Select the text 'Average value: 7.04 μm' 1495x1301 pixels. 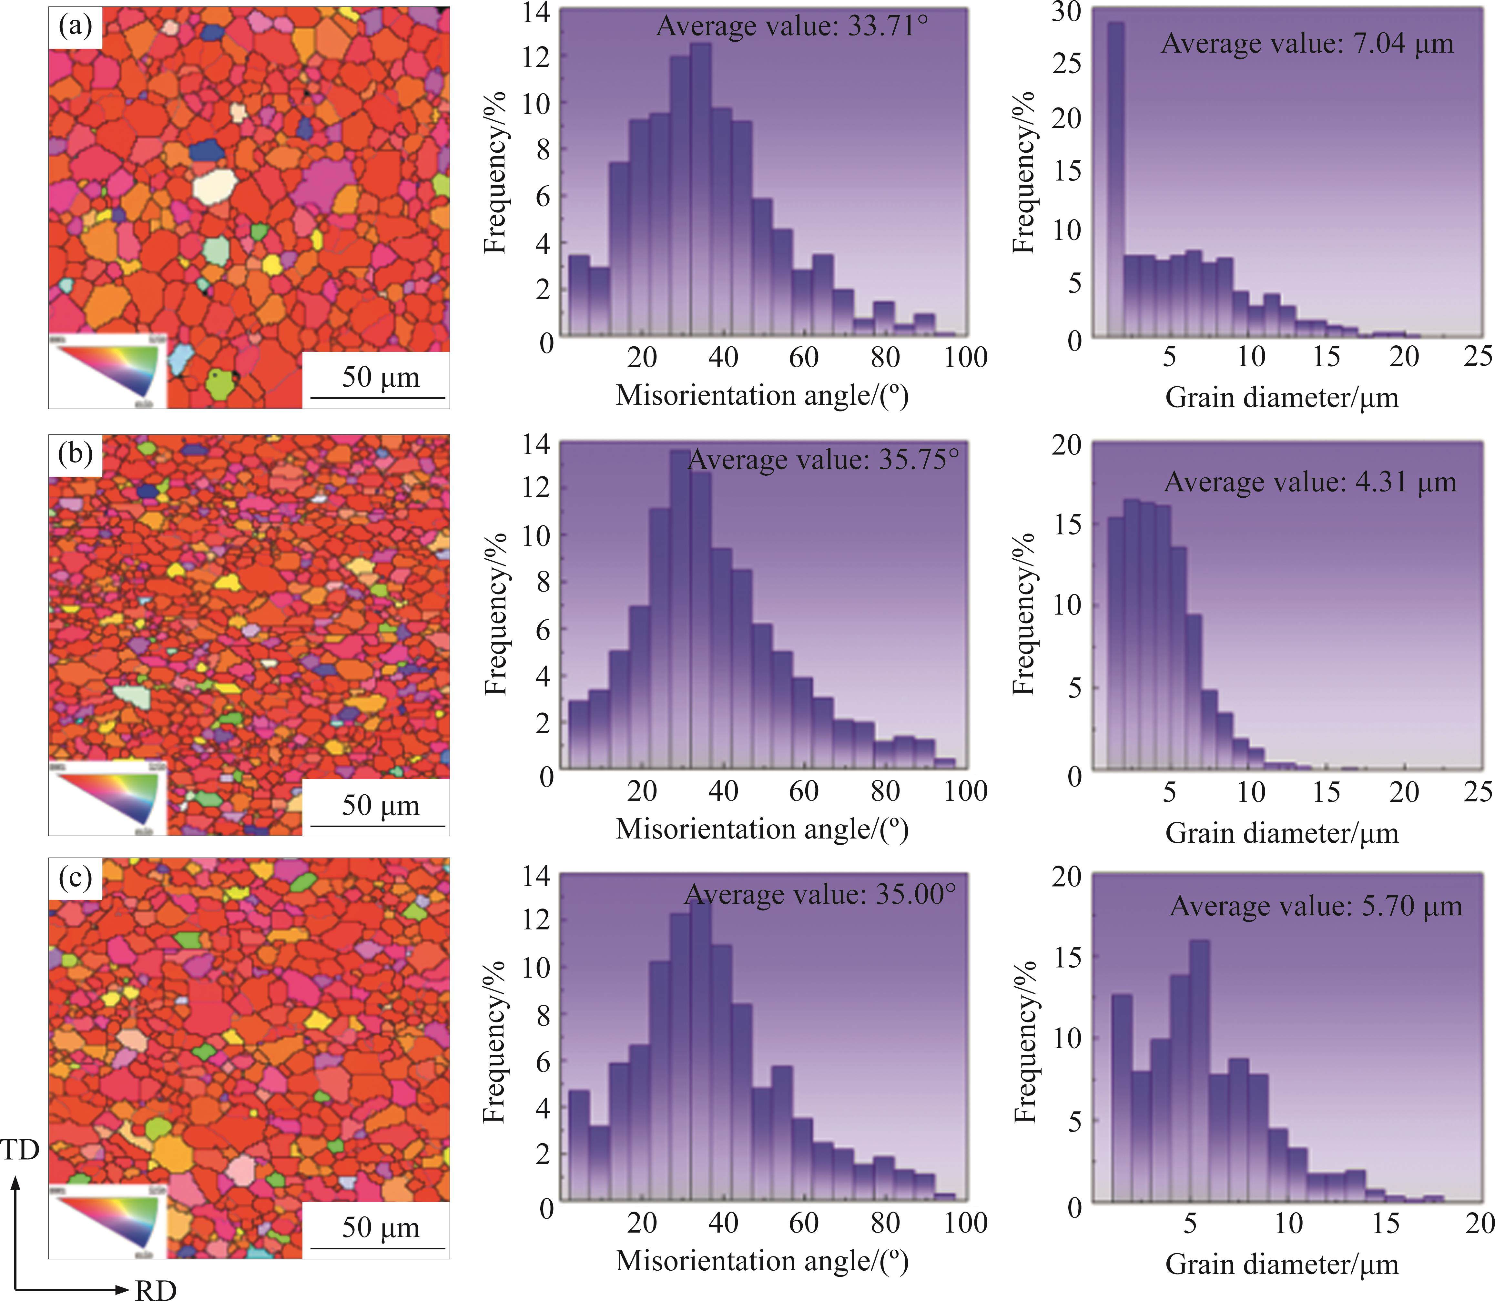point(1307,44)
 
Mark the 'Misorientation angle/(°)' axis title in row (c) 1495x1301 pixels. point(762,1260)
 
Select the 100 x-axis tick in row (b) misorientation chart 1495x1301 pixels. point(966,791)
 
